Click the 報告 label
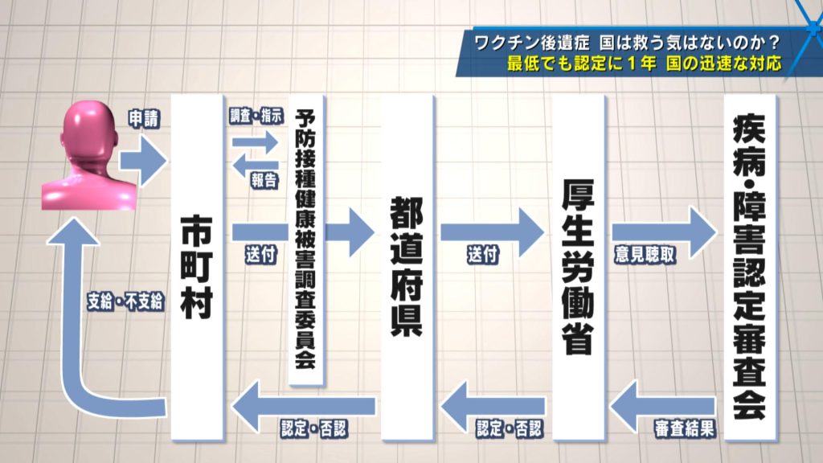click(263, 181)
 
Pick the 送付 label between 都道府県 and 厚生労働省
click(483, 255)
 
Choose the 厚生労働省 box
click(579, 265)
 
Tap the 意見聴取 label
click(643, 255)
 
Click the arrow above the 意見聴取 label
click(664, 231)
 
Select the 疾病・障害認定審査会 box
click(750, 265)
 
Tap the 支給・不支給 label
click(125, 301)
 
